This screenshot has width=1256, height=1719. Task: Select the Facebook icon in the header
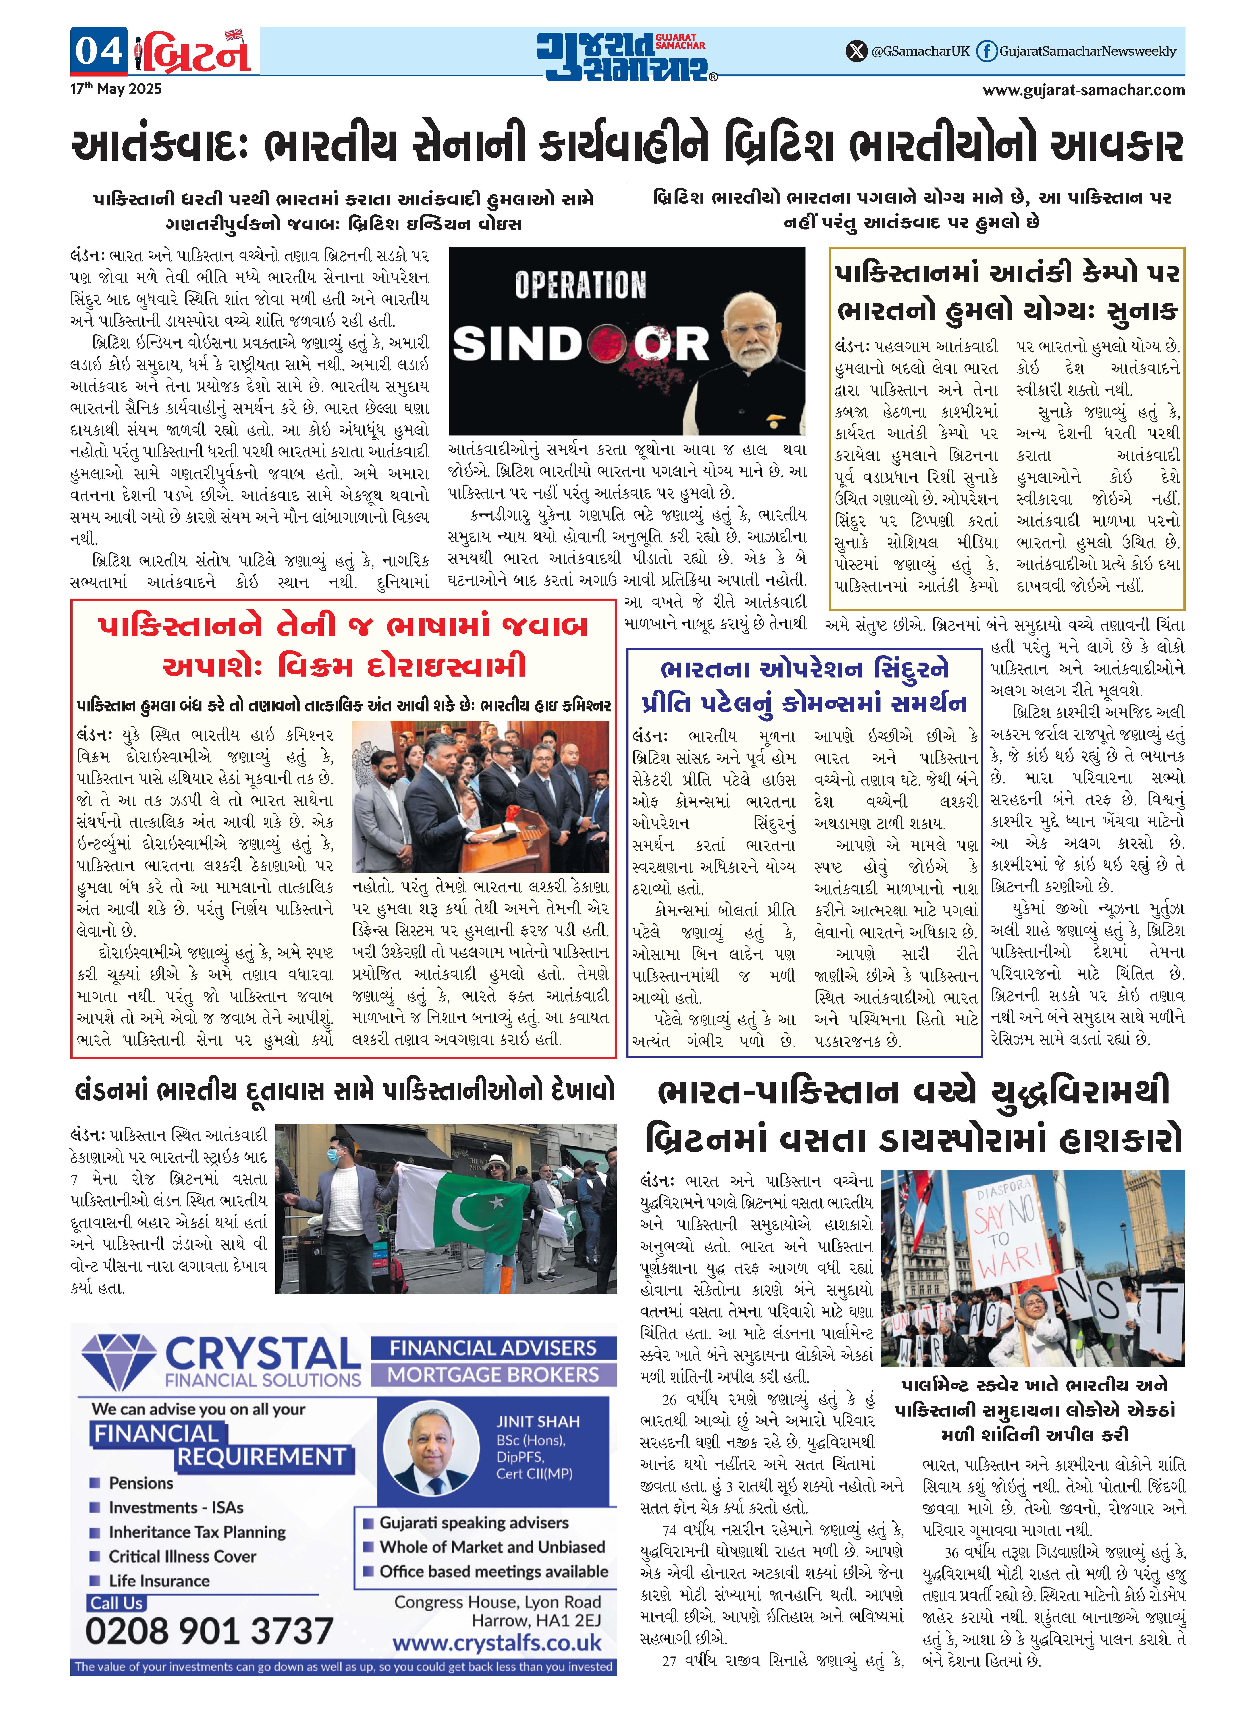[986, 51]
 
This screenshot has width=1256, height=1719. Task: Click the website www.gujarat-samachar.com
[1083, 90]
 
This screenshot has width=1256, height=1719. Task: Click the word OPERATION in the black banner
[580, 285]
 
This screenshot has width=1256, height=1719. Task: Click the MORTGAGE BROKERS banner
[493, 1375]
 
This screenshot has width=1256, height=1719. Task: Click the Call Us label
[116, 1603]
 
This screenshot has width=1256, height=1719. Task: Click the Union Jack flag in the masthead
[233, 34]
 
